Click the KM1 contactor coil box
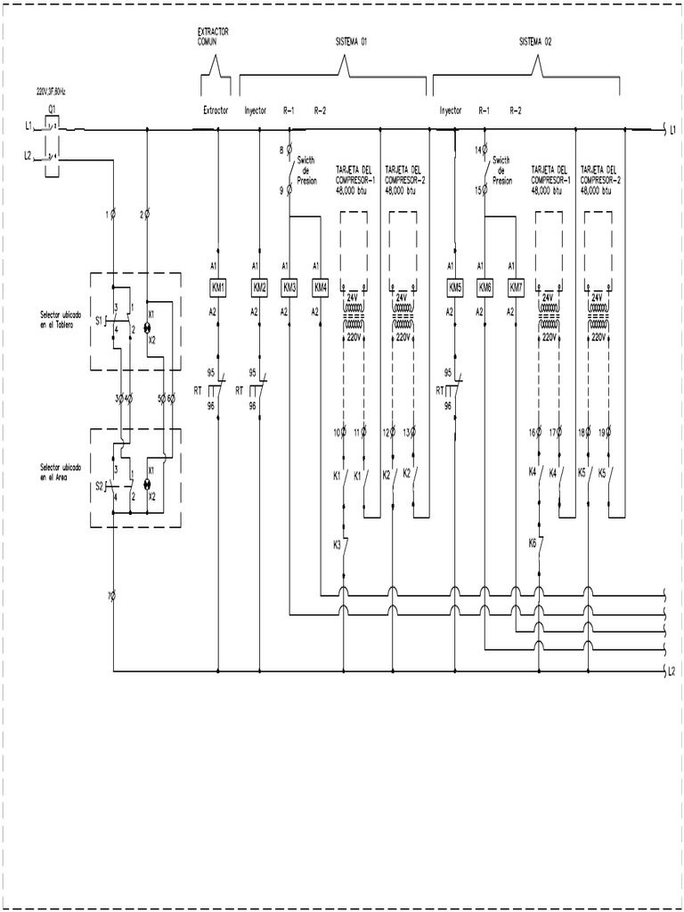[218, 288]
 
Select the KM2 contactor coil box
[259, 288]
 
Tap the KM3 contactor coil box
[289, 288]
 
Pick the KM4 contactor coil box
[321, 288]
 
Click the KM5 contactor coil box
[455, 288]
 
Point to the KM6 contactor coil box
[485, 288]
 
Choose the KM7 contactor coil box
[516, 288]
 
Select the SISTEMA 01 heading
[350, 40]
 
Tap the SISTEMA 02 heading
[536, 40]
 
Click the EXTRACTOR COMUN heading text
[214, 36]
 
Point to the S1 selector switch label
[99, 319]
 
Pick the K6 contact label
[532, 542]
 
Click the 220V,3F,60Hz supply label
[51, 92]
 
